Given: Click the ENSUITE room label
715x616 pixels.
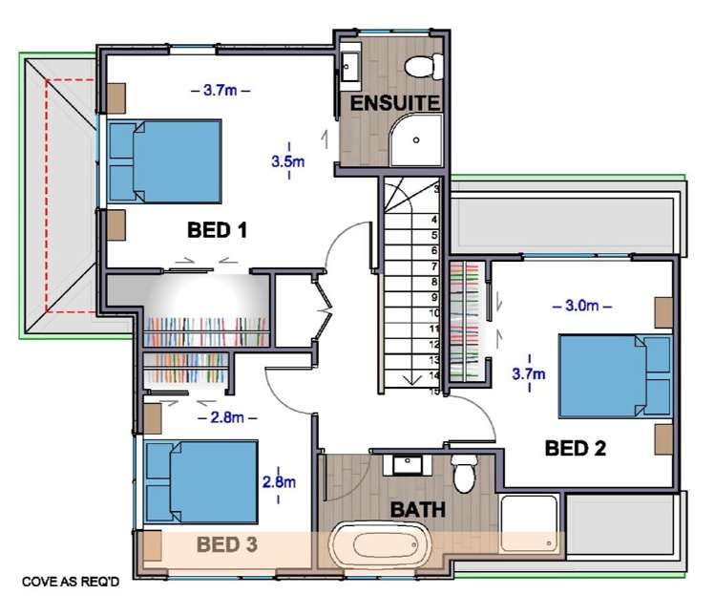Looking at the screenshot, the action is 395,103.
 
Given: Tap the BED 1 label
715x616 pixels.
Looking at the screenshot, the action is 217,230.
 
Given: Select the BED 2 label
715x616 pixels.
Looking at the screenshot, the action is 576,449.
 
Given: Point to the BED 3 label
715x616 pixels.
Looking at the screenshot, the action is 227,544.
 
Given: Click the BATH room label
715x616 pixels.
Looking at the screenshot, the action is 418,510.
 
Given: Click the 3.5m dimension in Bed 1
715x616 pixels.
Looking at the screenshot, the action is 288,161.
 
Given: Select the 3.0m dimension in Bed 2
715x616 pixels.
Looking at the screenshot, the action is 582,306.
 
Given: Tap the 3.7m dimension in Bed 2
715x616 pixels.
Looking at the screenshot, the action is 529,374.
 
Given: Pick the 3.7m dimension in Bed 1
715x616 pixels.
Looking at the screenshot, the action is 221,90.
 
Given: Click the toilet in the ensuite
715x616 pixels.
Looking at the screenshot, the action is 424,67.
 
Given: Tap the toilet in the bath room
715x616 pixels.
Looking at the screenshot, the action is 464,473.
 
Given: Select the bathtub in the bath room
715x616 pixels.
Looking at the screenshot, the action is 380,545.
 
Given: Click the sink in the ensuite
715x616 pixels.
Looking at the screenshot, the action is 350,67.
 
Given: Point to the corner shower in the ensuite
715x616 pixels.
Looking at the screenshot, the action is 416,139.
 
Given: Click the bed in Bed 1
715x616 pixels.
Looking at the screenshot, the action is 164,161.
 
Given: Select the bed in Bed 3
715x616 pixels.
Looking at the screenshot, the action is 201,482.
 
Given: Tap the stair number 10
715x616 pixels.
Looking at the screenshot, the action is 434,313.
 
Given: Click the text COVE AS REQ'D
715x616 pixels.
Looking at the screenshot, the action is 71,582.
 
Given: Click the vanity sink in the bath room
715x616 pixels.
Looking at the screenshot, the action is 408,464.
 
